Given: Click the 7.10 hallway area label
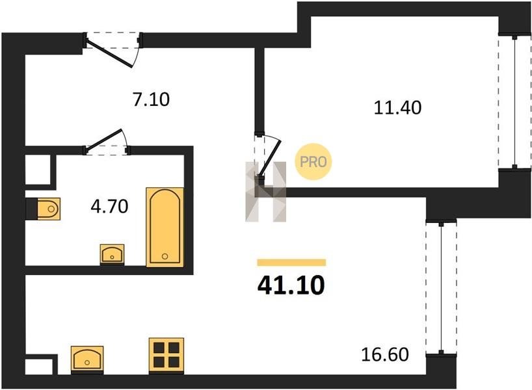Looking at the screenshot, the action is click(151, 99).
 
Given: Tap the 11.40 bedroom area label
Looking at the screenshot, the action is click(397, 107).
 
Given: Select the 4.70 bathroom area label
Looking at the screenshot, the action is click(110, 206).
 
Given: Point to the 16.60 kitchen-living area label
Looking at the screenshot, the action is click(385, 355).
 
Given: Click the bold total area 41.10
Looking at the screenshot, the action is click(291, 285).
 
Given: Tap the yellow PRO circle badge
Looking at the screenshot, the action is click(313, 162).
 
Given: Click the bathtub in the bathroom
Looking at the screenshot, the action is click(165, 227).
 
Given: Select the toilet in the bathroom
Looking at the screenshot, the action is click(48, 209).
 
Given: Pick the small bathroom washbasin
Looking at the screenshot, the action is click(112, 254).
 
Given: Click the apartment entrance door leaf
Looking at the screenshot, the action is click(110, 53).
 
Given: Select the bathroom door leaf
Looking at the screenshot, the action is click(103, 140).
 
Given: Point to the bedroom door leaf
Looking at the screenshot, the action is click(270, 159).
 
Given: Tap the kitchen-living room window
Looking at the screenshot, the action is click(441, 288).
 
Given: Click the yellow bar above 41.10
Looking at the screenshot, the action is click(292, 263).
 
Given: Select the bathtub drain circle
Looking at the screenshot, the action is click(165, 256).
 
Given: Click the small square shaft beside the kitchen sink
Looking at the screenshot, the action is click(39, 367).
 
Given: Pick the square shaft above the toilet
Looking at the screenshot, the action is click(38, 170).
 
